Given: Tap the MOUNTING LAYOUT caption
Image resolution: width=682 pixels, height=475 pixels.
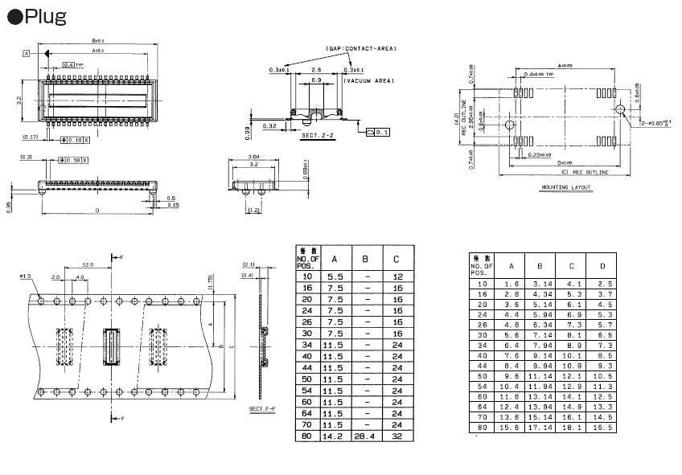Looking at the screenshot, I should (565, 187).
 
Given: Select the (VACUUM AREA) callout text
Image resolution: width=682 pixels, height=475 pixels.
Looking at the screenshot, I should (368, 82).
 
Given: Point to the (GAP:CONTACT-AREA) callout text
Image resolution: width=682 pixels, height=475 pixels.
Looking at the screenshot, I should (361, 48).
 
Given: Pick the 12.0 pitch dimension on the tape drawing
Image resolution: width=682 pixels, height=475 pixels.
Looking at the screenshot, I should (88, 264).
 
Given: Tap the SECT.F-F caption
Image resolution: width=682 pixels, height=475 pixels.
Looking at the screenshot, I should (262, 409).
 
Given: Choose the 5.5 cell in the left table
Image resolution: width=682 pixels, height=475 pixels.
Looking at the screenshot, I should (334, 276).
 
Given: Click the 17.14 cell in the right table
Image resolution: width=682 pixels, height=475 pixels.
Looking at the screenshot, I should (540, 428).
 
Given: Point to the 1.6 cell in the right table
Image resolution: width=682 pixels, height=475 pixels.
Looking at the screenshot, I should (511, 284).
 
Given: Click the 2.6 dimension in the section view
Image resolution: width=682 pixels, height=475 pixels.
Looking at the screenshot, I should (316, 70).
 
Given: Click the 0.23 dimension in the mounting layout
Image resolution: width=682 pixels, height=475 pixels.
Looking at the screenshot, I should (540, 154).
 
